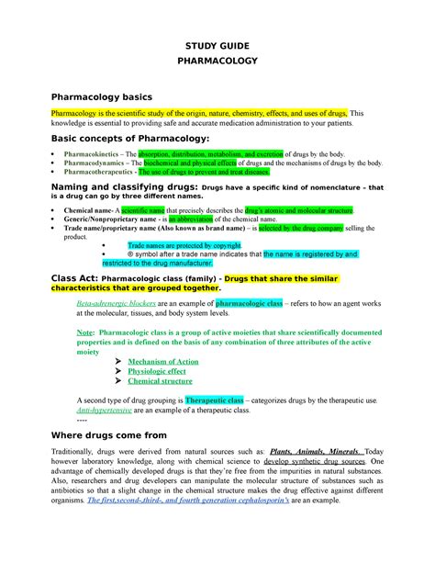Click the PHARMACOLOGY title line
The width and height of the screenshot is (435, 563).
click(217, 66)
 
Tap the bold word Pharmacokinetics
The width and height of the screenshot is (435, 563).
click(90, 153)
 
